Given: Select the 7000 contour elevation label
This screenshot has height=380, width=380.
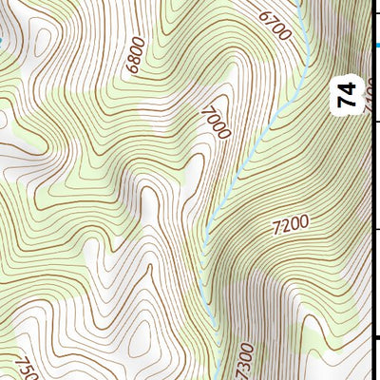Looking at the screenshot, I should click(216, 122).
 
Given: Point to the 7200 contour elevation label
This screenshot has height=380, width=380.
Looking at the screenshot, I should click(290, 224).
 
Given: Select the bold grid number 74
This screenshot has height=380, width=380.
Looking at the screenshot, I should click(347, 94).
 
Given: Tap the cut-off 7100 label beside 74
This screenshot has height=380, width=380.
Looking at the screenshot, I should click(370, 94).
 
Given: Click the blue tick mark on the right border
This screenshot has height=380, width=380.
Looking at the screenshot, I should click(376, 44).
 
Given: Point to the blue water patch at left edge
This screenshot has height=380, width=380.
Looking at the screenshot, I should click(3, 41).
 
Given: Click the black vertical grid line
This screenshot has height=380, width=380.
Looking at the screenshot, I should click(378, 190).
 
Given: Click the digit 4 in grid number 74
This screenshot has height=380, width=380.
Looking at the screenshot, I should click(347, 87).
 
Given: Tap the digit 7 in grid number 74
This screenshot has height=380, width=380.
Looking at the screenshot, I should click(347, 101).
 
